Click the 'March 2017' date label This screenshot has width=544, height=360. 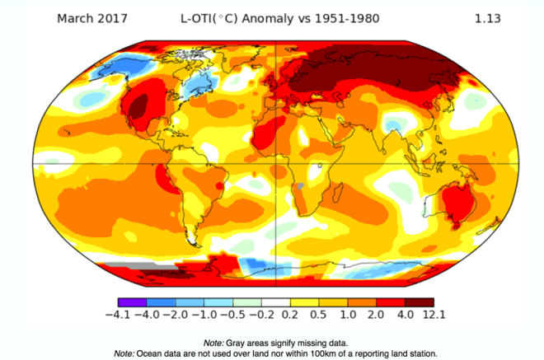[x=91, y=17]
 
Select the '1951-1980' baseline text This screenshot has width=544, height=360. [x=349, y=17]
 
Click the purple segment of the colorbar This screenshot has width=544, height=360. [x=132, y=302]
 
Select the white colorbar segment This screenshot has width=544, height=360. [x=272, y=302]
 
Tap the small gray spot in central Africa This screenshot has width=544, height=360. [x=302, y=186]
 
